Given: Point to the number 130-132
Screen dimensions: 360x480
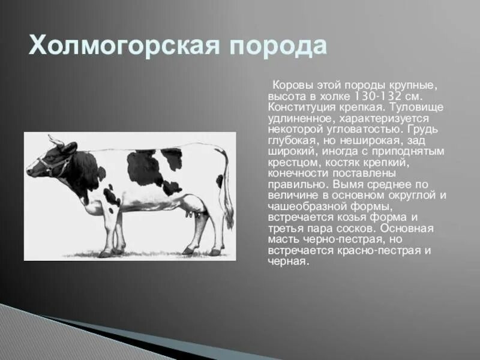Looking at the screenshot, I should [x=375, y=97].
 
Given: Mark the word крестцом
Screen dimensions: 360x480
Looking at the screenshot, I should [x=290, y=163].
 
